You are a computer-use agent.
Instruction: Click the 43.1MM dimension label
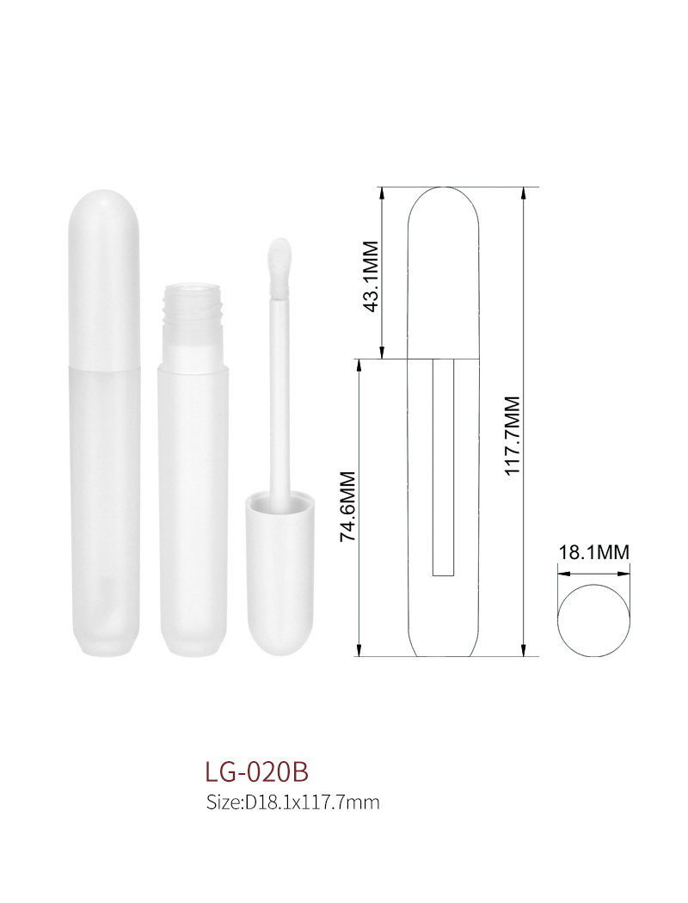(372, 276)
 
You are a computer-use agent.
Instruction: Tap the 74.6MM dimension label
(349, 507)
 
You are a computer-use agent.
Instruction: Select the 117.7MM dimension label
(513, 435)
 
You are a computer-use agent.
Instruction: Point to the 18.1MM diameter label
(593, 552)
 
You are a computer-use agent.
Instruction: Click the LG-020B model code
(257, 771)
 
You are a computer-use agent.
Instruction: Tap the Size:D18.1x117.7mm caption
(292, 802)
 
